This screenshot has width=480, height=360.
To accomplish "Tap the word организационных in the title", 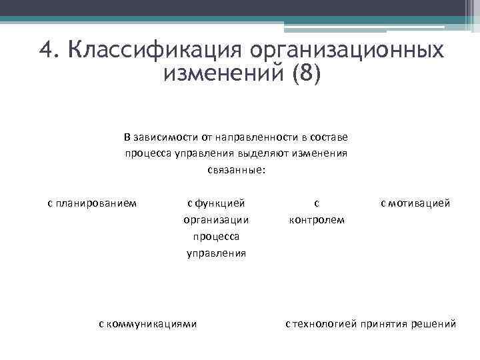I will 347,51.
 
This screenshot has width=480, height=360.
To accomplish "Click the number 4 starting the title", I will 46,51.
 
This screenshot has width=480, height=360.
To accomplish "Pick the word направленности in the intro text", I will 257,137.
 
